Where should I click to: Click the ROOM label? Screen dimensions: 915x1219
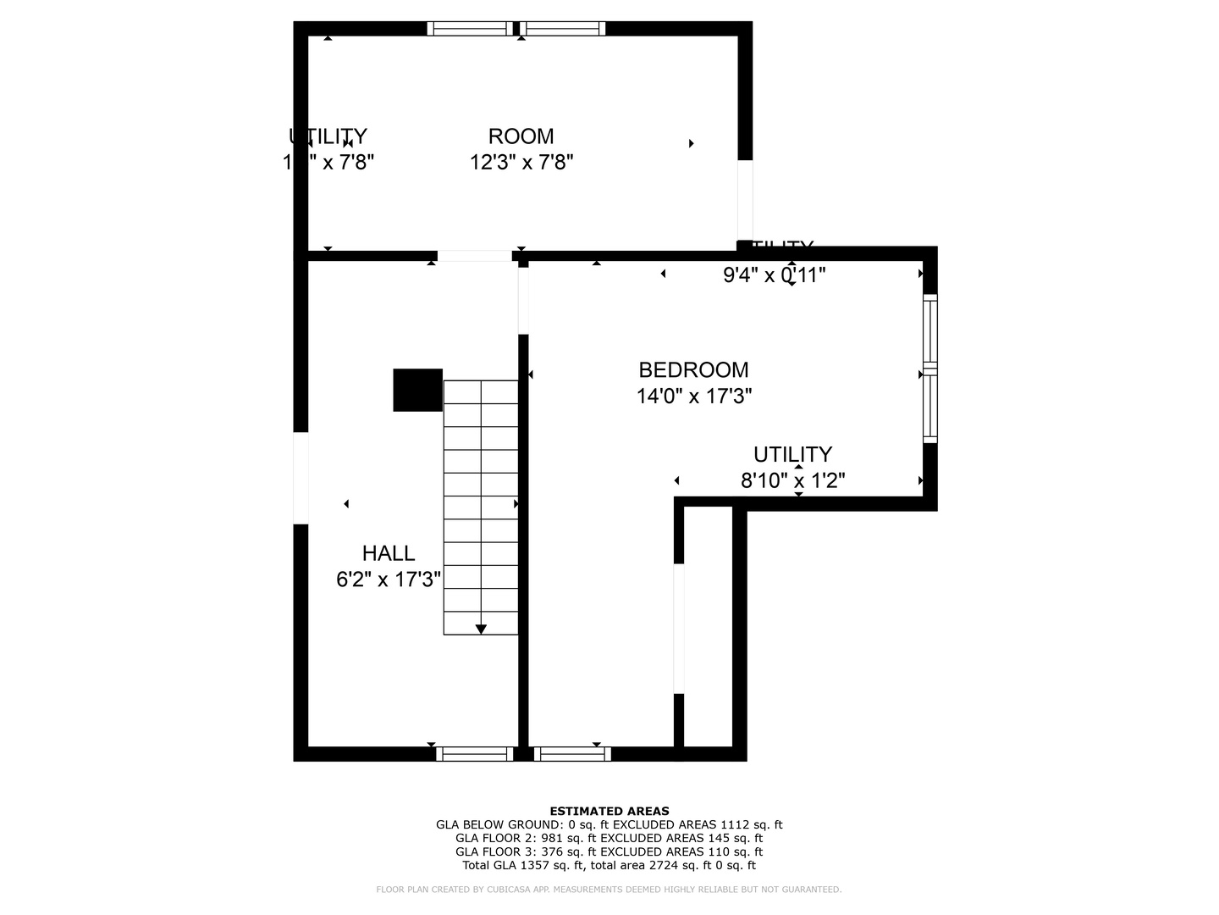(x=521, y=136)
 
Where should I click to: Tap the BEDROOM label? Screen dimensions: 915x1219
(x=693, y=370)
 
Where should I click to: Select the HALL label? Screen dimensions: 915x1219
(x=389, y=553)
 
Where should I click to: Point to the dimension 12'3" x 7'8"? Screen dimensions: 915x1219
(x=521, y=162)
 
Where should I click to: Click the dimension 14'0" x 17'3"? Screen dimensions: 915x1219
(x=694, y=396)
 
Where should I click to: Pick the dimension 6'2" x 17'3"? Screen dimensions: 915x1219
(x=389, y=579)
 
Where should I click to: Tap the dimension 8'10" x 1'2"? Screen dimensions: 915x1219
(x=792, y=481)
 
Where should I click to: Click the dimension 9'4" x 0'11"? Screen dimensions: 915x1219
(x=774, y=274)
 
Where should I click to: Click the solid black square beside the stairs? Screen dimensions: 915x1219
(x=417, y=390)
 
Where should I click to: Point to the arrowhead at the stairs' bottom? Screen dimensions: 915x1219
(x=481, y=629)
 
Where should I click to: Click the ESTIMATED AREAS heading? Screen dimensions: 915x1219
(x=609, y=811)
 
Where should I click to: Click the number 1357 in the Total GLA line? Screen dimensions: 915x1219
(x=532, y=865)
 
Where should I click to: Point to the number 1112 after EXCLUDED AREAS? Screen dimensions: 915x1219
(x=737, y=824)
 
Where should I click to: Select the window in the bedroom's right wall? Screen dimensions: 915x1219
(x=929, y=369)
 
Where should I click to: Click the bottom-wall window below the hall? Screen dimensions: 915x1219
(x=475, y=754)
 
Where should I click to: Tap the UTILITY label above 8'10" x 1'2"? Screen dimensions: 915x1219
(x=792, y=454)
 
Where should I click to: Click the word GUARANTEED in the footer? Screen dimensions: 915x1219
(x=810, y=890)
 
